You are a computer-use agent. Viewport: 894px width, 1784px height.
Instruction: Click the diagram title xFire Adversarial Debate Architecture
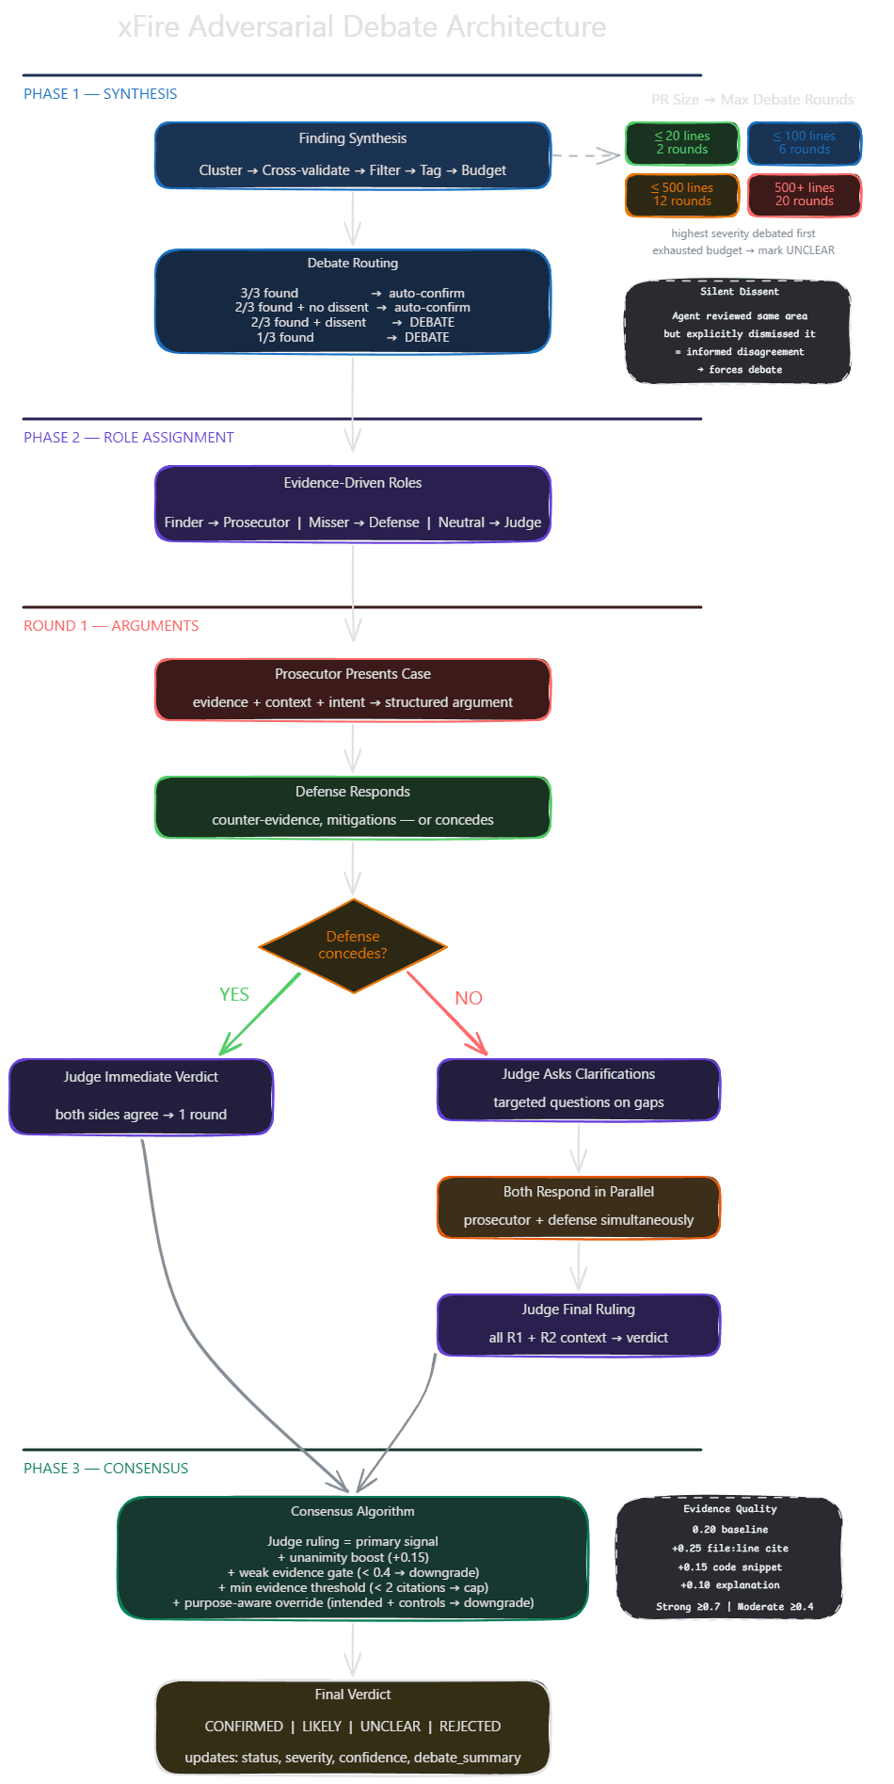(x=361, y=26)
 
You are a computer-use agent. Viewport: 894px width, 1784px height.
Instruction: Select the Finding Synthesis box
(x=353, y=155)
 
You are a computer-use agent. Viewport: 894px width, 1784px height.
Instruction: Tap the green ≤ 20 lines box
(x=682, y=143)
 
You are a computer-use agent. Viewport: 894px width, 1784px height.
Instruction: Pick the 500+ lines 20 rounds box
(x=805, y=195)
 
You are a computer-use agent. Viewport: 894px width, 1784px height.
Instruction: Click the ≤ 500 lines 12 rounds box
(x=682, y=195)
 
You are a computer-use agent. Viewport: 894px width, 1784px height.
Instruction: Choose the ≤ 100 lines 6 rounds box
(x=805, y=143)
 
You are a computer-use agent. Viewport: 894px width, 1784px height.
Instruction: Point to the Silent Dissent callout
(x=738, y=331)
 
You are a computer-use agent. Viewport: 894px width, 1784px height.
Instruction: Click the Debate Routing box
(x=353, y=301)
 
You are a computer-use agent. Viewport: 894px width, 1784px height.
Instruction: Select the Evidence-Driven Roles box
(x=353, y=504)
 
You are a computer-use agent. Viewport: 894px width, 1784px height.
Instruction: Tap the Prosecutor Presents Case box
(x=353, y=689)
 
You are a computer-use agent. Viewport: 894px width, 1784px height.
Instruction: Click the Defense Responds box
(x=353, y=807)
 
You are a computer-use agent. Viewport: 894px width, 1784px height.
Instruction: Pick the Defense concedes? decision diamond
(x=353, y=945)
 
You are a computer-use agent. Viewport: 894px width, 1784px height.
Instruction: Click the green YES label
(x=234, y=995)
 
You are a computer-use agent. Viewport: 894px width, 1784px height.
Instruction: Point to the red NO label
(x=469, y=998)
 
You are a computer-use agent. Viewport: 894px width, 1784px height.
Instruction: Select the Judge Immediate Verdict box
(x=141, y=1097)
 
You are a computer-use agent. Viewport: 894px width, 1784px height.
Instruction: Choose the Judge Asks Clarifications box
(x=579, y=1089)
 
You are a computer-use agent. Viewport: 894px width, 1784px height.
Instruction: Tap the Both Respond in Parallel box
(x=579, y=1207)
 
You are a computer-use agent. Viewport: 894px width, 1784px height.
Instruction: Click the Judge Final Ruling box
(x=579, y=1325)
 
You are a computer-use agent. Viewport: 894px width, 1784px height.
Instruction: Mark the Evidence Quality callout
(x=729, y=1558)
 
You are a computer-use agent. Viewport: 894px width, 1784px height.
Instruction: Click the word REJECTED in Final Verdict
(x=470, y=1727)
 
